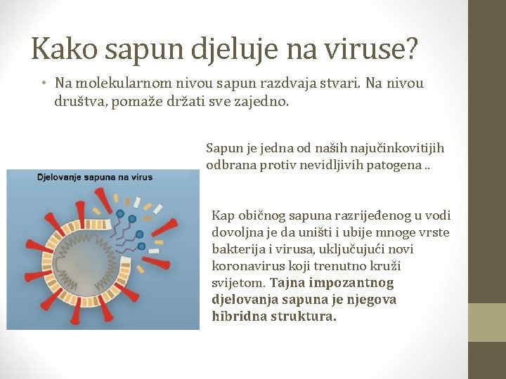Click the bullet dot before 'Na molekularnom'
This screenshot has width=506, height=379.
pyautogui.click(x=44, y=84)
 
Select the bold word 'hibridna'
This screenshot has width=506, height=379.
pyautogui.click(x=237, y=317)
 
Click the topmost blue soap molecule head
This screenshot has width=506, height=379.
pyautogui.click(x=121, y=213)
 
